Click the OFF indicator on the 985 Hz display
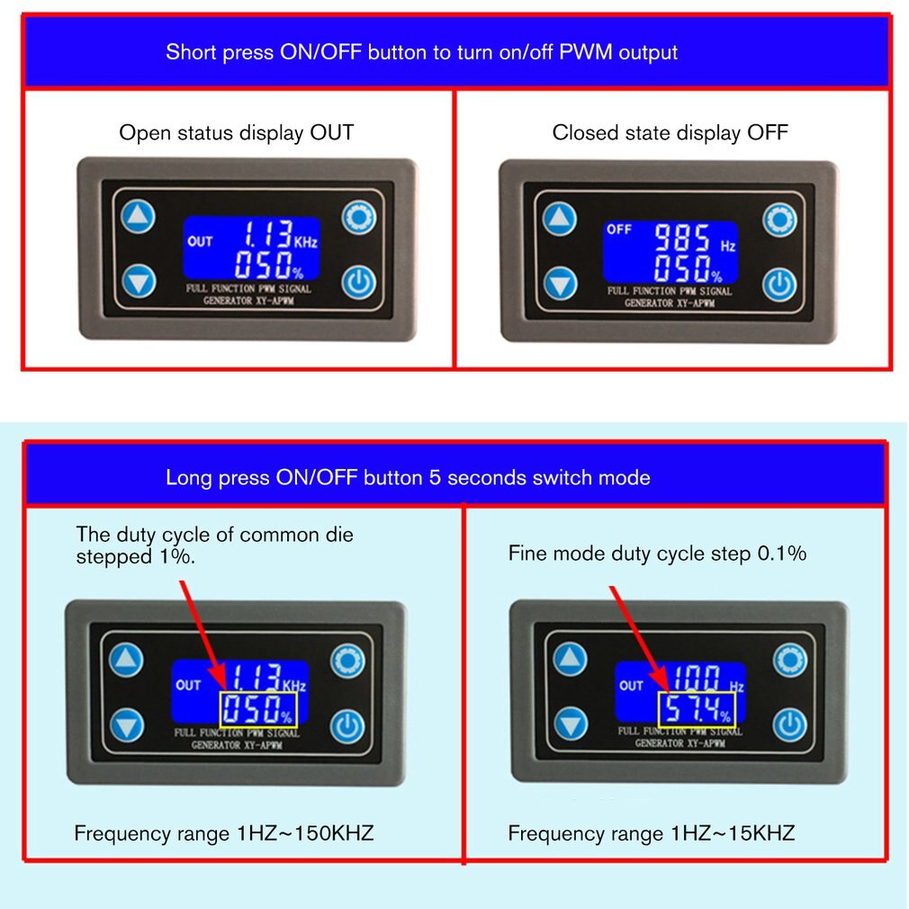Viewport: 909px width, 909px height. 619,229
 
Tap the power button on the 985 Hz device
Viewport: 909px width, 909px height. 780,284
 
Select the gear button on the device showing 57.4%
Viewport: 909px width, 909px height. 791,660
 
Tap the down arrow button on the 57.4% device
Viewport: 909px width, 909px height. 570,724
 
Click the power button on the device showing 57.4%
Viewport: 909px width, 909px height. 790,724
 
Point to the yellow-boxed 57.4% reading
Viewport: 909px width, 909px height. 697,711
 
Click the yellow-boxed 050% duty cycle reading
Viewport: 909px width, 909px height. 257,711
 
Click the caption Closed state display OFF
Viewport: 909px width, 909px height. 670,133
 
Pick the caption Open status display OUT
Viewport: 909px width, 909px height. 237,133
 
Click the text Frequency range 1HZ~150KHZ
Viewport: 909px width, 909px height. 223,833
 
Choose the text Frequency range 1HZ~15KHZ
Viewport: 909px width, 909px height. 652,833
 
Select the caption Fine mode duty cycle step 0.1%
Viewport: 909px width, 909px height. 657,553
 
